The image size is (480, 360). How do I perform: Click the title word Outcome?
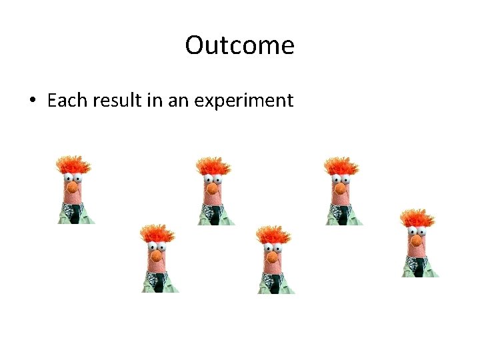(x=239, y=45)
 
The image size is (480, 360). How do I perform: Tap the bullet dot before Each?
(x=32, y=101)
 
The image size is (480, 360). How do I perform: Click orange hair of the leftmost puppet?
(x=73, y=164)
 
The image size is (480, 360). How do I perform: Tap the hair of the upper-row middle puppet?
(x=214, y=164)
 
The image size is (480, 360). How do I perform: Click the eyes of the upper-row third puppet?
(x=342, y=179)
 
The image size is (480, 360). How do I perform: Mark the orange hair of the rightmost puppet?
(x=418, y=217)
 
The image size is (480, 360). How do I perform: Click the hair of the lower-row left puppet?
(x=158, y=232)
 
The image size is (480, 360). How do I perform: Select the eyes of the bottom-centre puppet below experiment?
(x=273, y=247)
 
